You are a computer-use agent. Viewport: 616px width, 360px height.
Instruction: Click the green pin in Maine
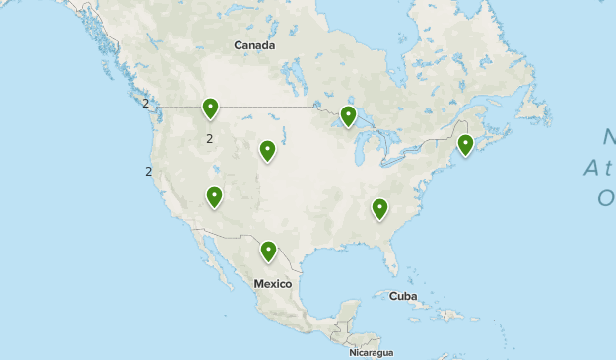(x=465, y=144)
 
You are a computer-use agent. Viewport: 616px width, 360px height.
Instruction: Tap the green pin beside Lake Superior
(x=348, y=115)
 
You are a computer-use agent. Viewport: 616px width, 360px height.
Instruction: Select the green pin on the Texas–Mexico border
(x=268, y=251)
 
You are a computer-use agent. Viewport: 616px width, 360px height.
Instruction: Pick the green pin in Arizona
(x=214, y=196)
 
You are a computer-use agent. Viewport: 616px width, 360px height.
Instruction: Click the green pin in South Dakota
(x=267, y=149)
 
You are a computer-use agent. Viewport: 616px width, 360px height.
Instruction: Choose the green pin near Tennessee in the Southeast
(x=379, y=207)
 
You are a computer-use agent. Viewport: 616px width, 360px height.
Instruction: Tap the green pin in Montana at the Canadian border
(x=210, y=107)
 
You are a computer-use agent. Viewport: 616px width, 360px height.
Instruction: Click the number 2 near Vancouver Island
(x=145, y=103)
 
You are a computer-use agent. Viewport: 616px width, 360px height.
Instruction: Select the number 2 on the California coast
(x=148, y=172)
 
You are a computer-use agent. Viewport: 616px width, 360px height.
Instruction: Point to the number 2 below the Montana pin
(x=210, y=139)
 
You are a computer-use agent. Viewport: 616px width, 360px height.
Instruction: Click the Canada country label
(x=254, y=45)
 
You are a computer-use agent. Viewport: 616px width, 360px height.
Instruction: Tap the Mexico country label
(x=273, y=284)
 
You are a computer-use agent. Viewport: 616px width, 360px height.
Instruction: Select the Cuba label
(x=403, y=296)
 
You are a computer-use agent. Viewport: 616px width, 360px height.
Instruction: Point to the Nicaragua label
(x=372, y=352)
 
